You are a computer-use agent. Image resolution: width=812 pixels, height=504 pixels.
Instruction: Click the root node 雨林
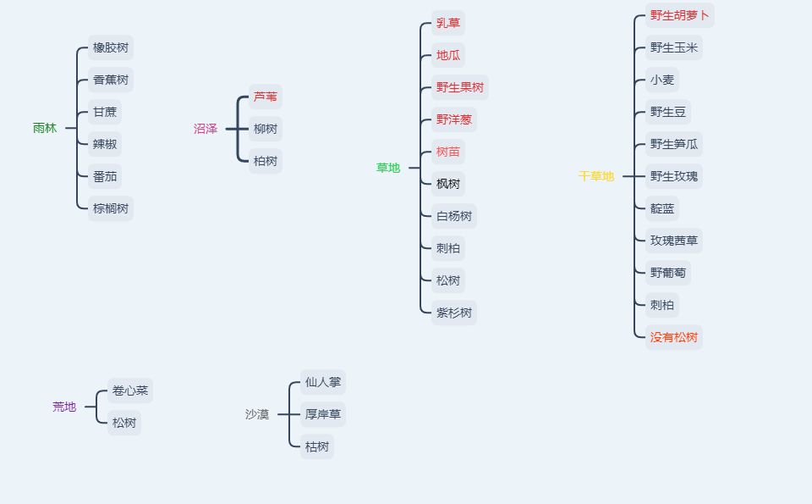(x=45, y=129)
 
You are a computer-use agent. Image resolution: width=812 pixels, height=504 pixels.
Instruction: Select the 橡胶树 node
(x=111, y=48)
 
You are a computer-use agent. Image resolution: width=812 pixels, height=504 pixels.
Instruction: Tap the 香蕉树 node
(x=111, y=80)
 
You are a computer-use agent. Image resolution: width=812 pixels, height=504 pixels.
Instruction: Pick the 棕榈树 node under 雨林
(x=111, y=208)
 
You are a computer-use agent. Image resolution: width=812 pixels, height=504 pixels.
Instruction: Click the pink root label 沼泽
(x=206, y=129)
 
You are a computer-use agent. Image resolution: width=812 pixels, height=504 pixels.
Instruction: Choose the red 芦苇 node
(x=266, y=97)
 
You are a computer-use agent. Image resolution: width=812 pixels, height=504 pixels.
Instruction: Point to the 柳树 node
(x=266, y=129)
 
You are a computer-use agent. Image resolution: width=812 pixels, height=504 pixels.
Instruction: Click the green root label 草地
(x=388, y=168)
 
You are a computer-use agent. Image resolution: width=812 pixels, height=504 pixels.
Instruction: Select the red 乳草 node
(x=448, y=24)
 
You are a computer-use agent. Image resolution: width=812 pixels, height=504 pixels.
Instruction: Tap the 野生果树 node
(x=460, y=87)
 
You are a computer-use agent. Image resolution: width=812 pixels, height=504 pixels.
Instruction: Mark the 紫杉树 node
(x=454, y=313)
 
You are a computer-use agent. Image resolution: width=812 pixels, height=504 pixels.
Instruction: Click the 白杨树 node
(x=454, y=216)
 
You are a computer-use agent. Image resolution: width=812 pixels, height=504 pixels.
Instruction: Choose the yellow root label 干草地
(x=596, y=176)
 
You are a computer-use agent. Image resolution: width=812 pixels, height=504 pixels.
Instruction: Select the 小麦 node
(x=662, y=80)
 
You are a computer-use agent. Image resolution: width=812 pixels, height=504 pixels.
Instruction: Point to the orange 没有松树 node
(x=674, y=337)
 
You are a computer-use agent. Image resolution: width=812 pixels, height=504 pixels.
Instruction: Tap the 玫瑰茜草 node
(x=674, y=241)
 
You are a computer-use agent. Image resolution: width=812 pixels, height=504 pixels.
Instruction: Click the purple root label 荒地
(x=64, y=407)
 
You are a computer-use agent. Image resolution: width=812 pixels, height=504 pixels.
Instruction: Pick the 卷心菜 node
(x=130, y=391)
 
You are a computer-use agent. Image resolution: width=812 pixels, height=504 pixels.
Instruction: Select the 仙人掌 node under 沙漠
(x=323, y=382)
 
